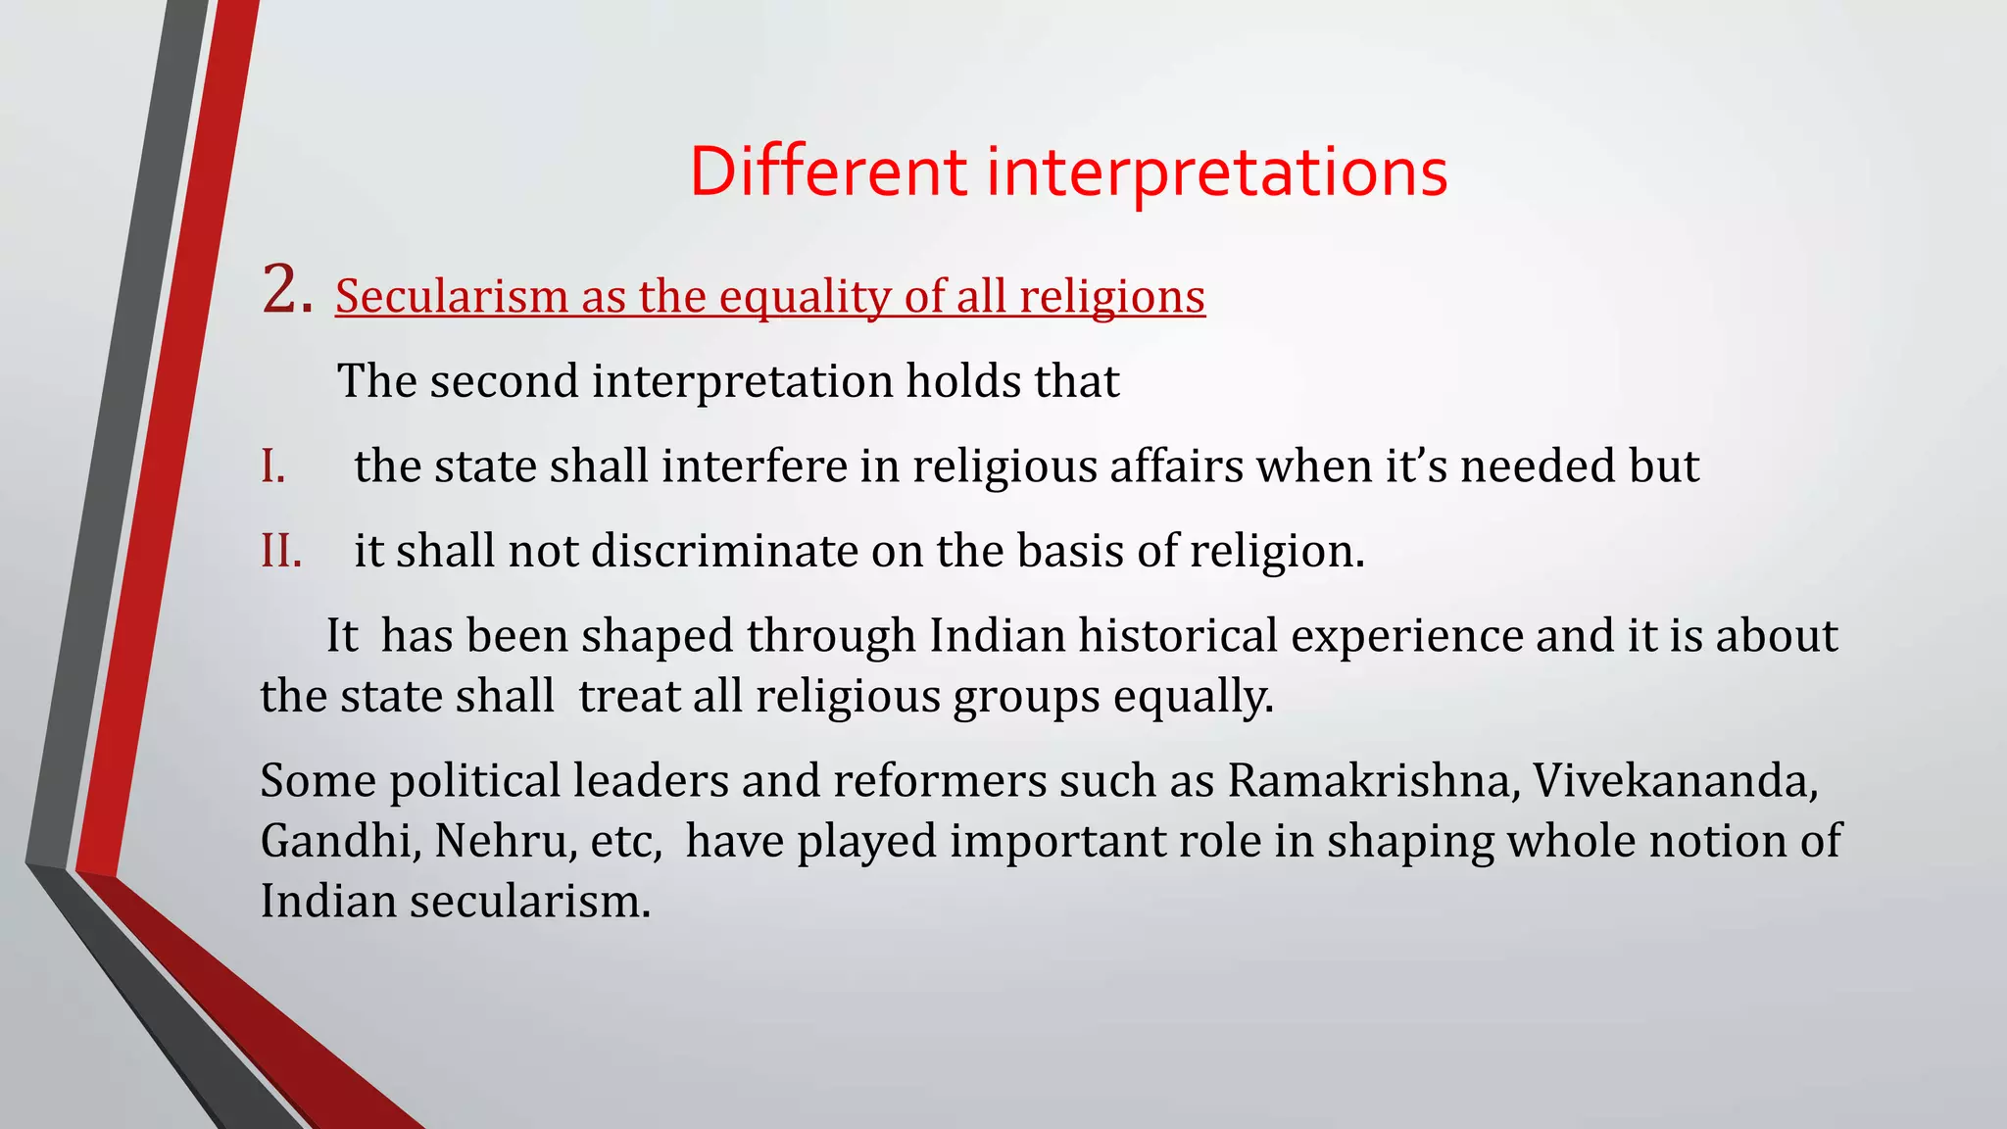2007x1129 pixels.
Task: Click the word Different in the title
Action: point(828,172)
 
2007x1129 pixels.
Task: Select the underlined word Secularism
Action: point(452,296)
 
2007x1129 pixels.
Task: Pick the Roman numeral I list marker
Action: point(272,466)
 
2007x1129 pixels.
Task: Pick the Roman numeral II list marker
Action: point(280,552)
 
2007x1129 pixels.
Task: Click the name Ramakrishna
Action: point(1373,781)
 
